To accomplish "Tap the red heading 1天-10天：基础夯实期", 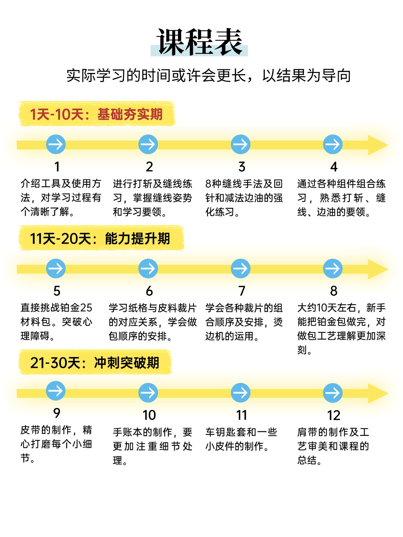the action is (x=96, y=114).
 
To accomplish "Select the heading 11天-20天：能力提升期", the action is (x=100, y=239).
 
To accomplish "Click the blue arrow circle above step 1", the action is (x=56, y=144).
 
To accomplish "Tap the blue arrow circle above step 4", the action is (x=333, y=144).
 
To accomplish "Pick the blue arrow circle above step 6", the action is (x=148, y=268).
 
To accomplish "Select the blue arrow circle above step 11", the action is (x=240, y=393).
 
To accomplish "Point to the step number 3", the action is (x=242, y=167).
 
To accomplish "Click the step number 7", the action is (x=242, y=291).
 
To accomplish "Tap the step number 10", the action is (x=149, y=415).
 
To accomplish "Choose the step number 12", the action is (x=334, y=415).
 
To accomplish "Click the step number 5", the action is (x=57, y=291).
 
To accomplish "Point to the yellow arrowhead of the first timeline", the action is (x=378, y=145).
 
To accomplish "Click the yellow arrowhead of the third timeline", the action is (x=378, y=393).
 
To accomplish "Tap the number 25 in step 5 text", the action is (x=86, y=308).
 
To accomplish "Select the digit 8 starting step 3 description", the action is (x=208, y=184).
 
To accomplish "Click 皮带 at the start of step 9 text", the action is (x=31, y=430).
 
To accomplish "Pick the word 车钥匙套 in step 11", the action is (x=225, y=432).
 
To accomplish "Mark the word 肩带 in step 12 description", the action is (x=307, y=432).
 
